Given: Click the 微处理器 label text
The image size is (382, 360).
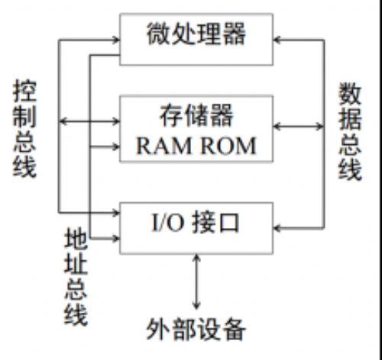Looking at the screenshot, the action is coord(196,34).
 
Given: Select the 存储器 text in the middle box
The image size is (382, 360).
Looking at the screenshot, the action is coord(196,116).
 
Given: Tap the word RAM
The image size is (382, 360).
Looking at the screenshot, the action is coord(163,146).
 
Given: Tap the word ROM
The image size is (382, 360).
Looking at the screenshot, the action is coord(228,146).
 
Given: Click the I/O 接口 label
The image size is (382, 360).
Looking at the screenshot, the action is coord(196,223).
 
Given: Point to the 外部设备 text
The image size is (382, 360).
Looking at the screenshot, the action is coord(196,329).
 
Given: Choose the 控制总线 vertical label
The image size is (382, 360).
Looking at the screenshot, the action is coord(24,128).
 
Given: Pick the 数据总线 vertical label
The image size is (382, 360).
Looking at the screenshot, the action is coord(350,131).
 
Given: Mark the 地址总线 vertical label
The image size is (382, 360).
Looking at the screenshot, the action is coord(76,277).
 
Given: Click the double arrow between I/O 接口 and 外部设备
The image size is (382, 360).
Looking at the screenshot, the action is coord(196,281).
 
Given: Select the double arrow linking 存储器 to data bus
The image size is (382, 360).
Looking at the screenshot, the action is coord(299,126).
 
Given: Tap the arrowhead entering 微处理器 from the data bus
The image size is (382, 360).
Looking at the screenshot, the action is coord(277,40).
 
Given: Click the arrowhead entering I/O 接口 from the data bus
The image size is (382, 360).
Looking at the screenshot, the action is coord(277,228).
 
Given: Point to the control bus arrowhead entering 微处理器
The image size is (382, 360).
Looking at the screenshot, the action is coord(116,40).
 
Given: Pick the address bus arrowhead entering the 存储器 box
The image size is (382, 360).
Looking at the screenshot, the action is coord(116,146).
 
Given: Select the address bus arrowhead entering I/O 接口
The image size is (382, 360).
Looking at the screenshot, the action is coord(116,238).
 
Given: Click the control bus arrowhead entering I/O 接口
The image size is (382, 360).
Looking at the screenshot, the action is coord(116,212).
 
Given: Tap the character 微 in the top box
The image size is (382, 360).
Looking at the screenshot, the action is coord(158,34).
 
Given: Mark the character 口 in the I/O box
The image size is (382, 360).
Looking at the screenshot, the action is coord(228,223).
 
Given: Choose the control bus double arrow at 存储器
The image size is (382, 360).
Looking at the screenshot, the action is coord(89,121).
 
